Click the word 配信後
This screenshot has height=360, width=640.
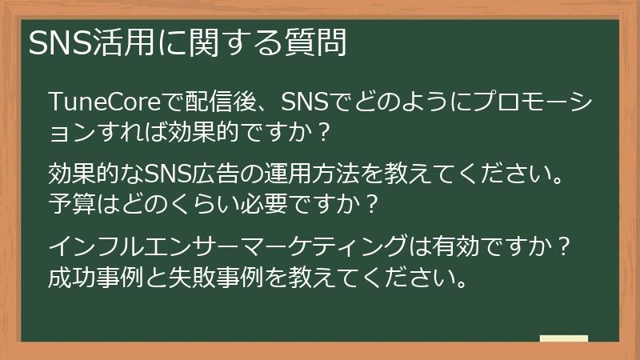point(219,102)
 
